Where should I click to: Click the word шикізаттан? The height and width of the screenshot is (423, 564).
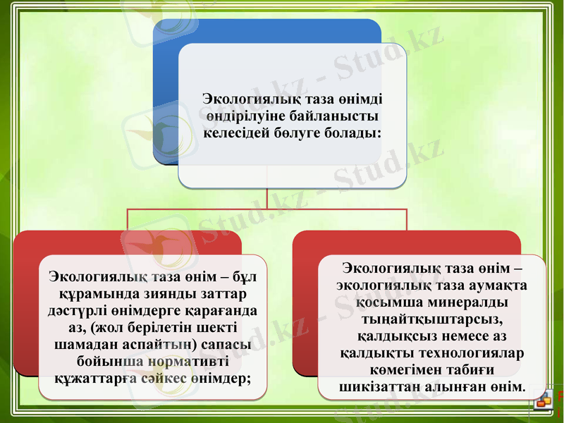point(381,387)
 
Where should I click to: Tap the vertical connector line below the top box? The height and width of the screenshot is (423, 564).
point(266,198)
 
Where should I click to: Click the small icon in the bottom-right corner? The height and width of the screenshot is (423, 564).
point(544,402)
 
